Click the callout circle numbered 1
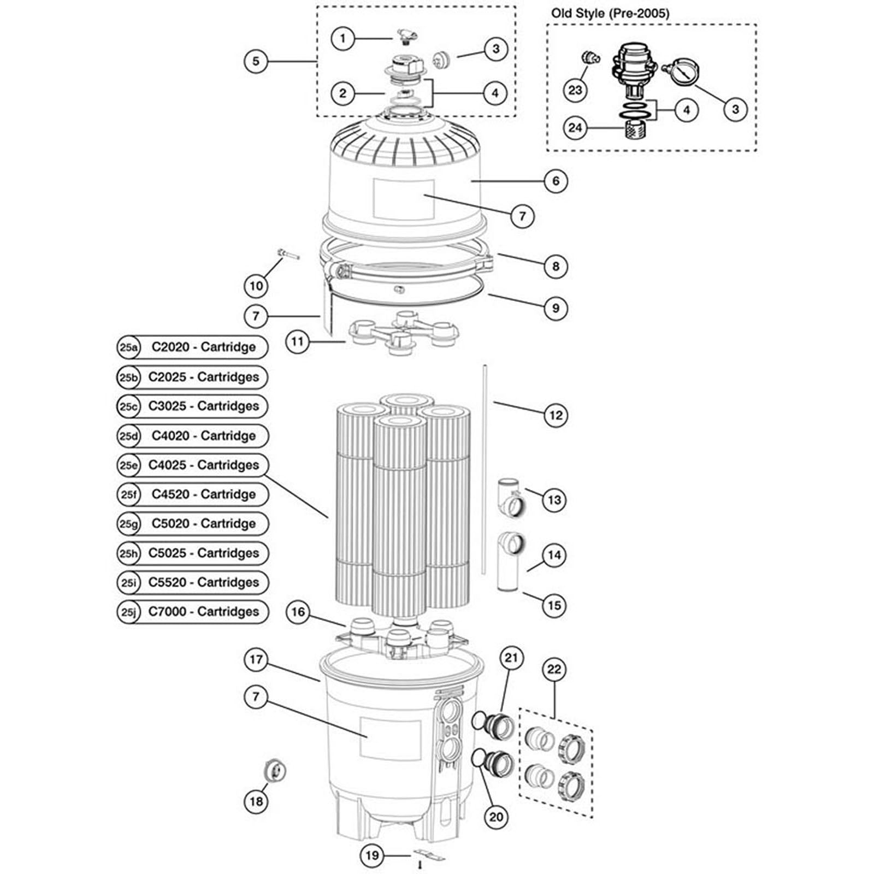coord(342,38)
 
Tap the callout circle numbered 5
coord(256,61)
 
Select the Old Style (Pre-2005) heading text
coord(610,13)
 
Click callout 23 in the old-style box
coord(575,90)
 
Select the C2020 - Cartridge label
coord(203,347)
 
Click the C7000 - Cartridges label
coord(203,611)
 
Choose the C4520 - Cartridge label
coord(203,494)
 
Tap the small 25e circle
coord(128,465)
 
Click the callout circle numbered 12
coord(556,415)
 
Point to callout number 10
coord(256,285)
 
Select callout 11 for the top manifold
coord(297,342)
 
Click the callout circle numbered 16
coord(298,612)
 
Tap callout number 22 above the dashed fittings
coord(554,670)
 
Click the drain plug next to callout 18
coord(274,771)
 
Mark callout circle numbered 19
coord(372,855)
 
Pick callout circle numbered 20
coord(495,817)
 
